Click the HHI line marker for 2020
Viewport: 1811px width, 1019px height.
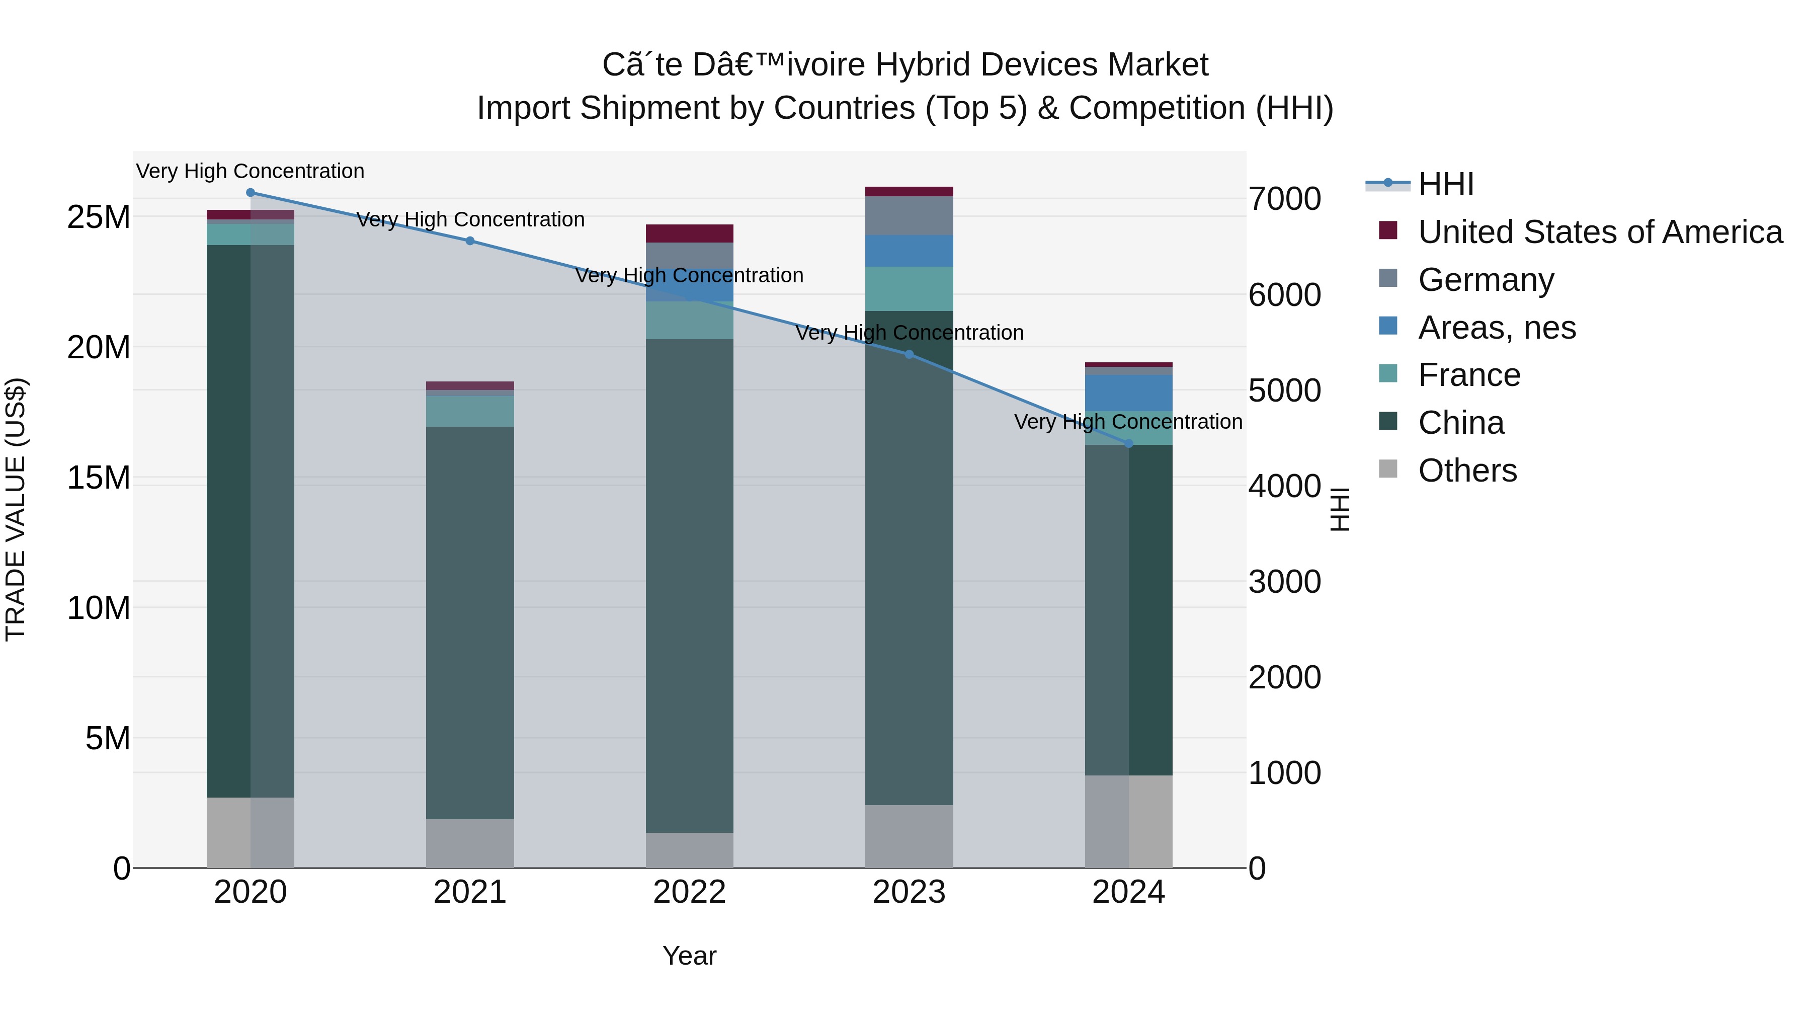[251, 193]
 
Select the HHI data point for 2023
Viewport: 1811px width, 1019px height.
[909, 354]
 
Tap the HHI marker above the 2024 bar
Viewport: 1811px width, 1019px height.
[1129, 444]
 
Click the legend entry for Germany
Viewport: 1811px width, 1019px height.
[1486, 280]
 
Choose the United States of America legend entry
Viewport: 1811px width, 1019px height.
[1599, 232]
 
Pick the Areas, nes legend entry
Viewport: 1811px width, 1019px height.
[1497, 328]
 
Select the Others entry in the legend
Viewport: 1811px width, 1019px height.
[1467, 471]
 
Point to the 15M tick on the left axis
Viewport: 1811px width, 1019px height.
[99, 478]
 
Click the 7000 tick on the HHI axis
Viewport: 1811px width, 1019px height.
[1284, 199]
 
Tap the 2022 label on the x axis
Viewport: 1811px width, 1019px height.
[689, 892]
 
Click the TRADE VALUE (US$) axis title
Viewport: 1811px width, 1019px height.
[16, 509]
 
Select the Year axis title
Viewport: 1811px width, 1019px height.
[689, 956]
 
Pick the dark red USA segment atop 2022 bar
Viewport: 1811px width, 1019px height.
[689, 233]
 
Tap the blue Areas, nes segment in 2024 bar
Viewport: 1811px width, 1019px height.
[1128, 393]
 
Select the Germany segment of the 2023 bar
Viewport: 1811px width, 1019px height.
[909, 215]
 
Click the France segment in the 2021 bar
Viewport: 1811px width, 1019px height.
[470, 412]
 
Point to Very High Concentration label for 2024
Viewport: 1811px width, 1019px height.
[1128, 422]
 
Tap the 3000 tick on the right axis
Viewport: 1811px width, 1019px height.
[1284, 582]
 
